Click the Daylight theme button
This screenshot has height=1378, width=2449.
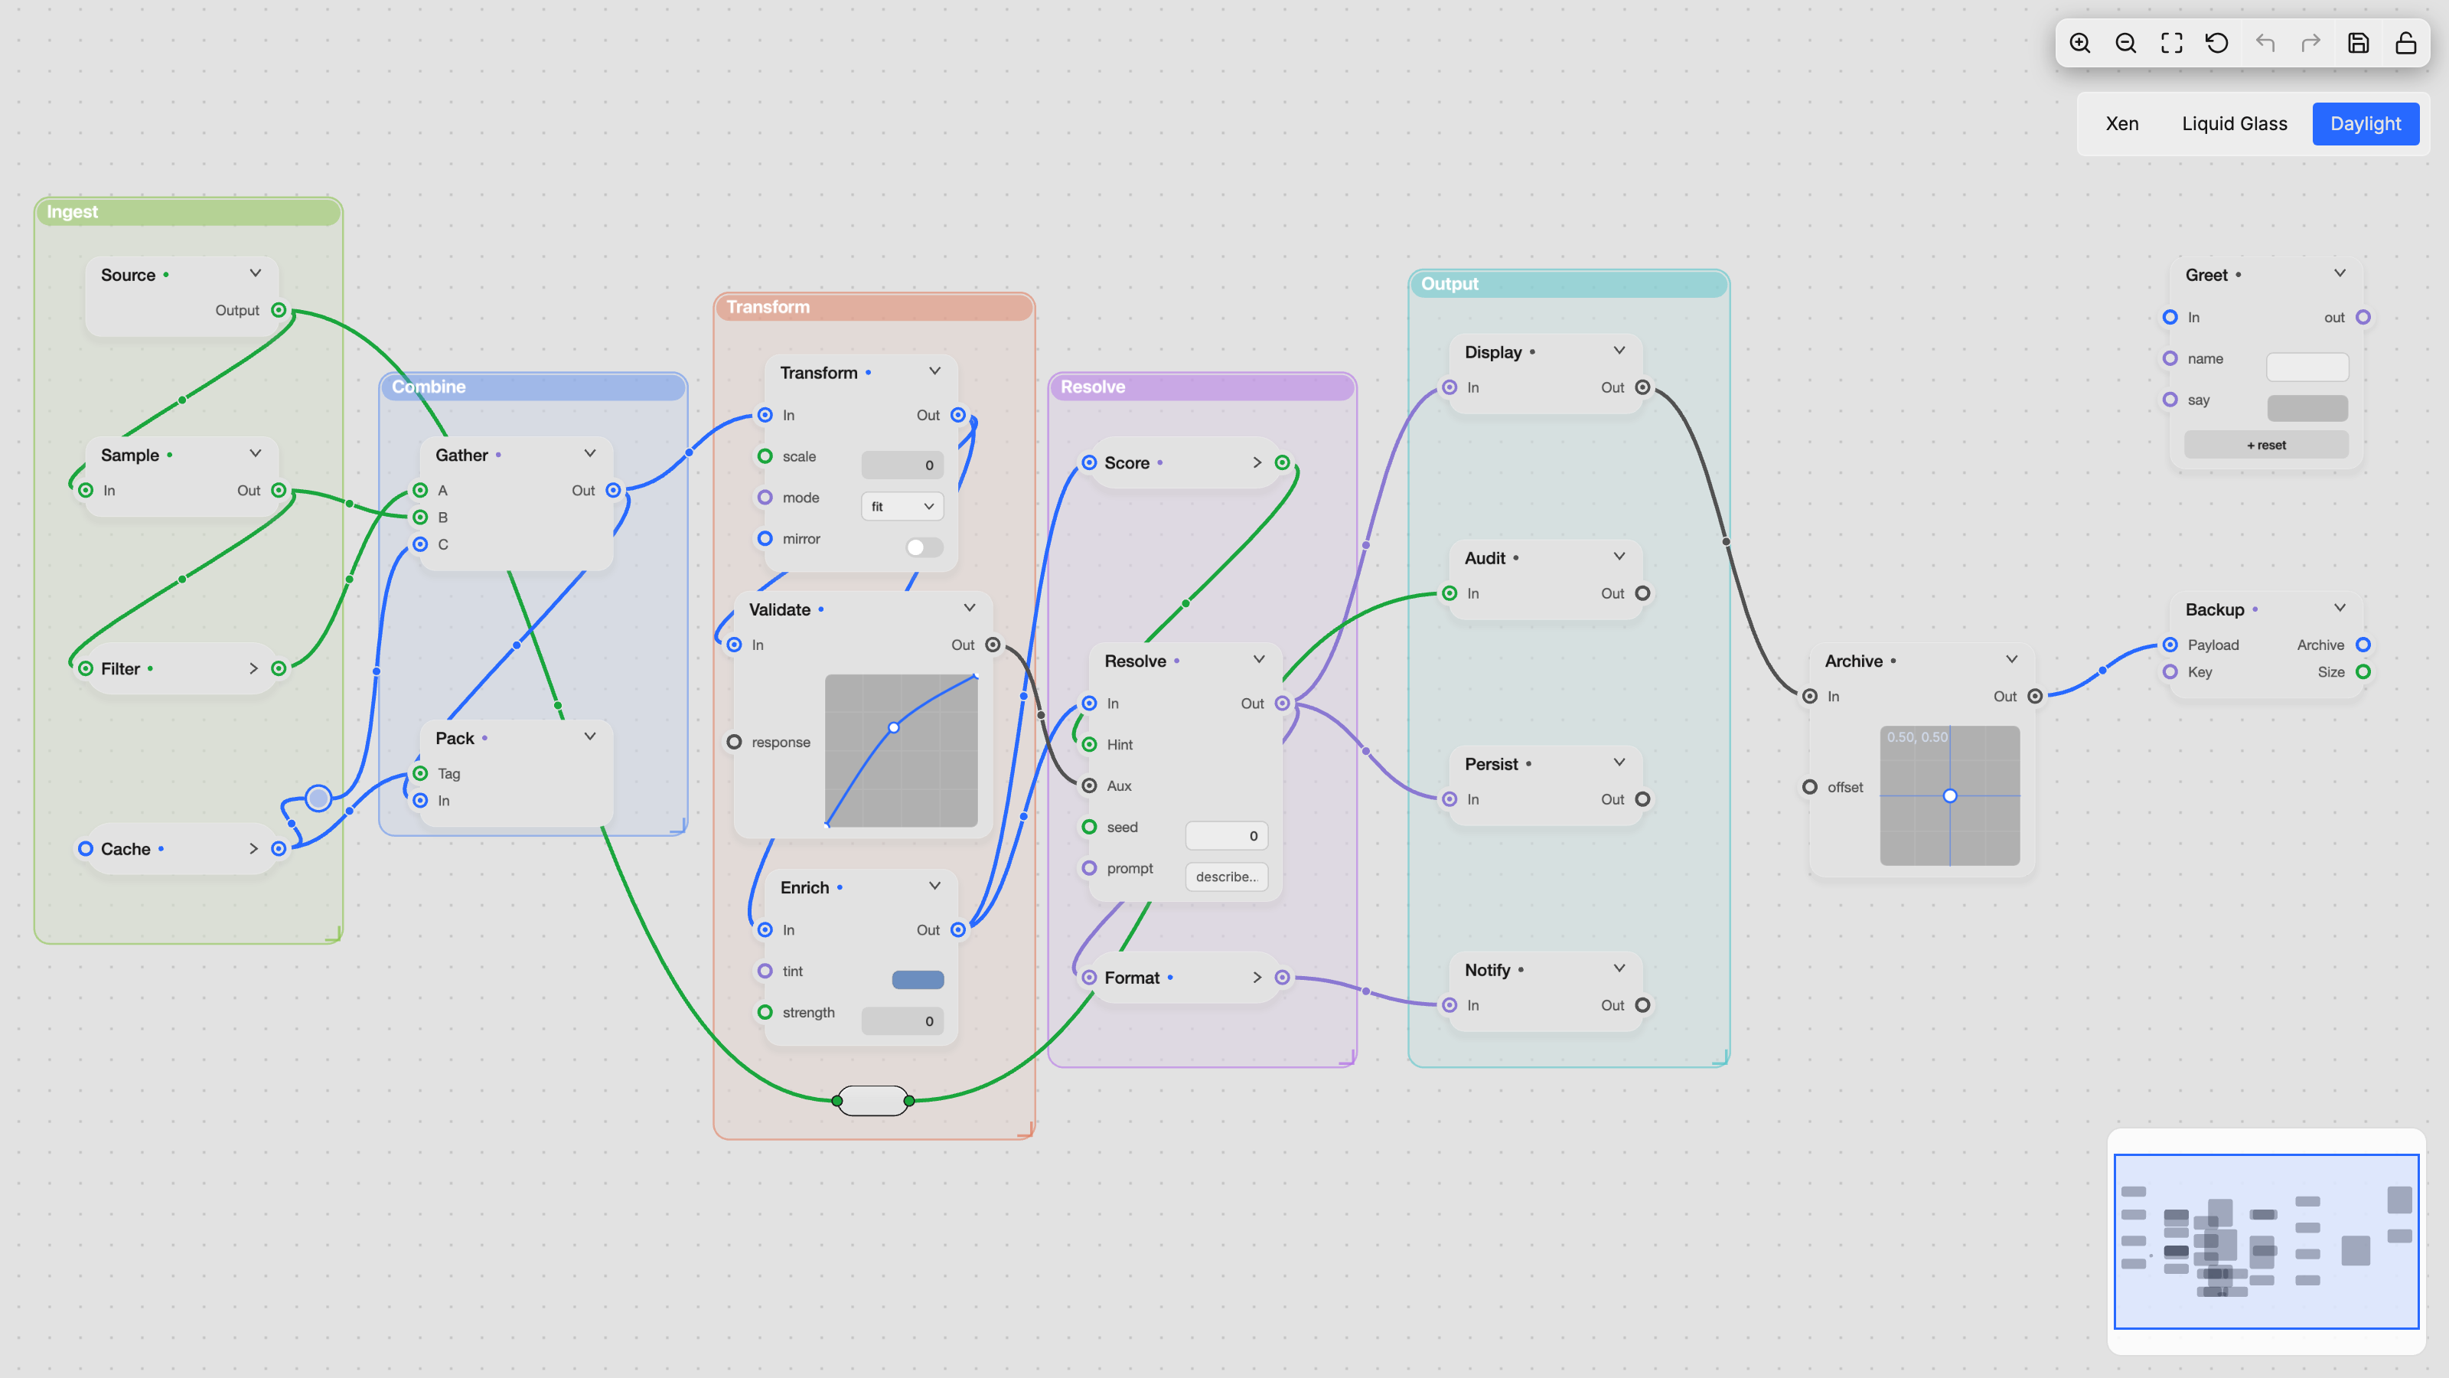2366,123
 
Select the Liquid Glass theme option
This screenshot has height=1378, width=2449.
2234,123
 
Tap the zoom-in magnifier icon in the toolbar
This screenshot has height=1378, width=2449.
2080,43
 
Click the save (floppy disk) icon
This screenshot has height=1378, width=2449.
2358,43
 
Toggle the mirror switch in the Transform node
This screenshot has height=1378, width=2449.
923,547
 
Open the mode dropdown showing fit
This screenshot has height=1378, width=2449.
902,506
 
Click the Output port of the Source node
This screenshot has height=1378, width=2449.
279,310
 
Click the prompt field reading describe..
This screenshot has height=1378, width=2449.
1226,877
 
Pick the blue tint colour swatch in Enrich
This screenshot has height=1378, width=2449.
918,980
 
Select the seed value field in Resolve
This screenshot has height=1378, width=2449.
1226,836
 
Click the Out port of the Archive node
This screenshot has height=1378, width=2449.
2034,696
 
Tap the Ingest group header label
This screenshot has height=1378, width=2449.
72,212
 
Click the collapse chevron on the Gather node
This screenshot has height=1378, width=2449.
589,454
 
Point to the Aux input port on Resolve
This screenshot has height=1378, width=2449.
1090,785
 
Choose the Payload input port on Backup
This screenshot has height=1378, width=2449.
2170,645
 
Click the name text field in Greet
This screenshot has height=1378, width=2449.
2307,366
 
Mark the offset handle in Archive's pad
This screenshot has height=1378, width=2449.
1950,796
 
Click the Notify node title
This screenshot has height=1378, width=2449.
1487,970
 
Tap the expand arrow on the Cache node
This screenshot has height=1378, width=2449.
253,848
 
